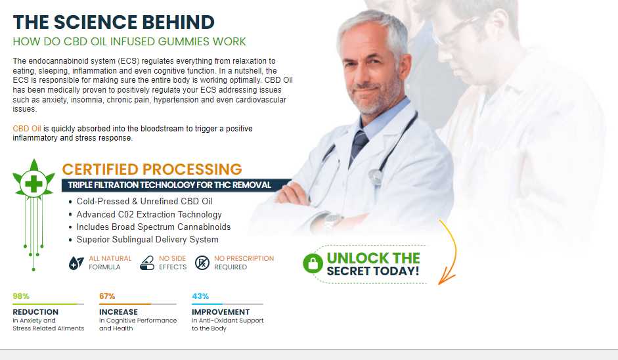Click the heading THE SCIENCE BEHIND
coord(114,22)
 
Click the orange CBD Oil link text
coord(27,129)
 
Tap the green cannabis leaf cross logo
coord(33,180)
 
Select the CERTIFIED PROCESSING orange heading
coord(152,169)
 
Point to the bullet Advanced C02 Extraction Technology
coord(149,215)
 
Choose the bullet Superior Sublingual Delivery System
coord(147,239)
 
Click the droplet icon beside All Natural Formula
coord(76,263)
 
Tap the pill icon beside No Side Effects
coord(147,263)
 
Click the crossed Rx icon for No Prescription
coord(202,263)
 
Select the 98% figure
coord(21,296)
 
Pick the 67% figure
coord(107,296)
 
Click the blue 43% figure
coord(200,296)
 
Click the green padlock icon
coord(313,263)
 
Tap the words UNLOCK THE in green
coord(373,258)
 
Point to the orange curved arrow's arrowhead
coord(443,279)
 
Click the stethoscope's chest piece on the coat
coord(376,176)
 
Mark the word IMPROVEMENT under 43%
coord(221,312)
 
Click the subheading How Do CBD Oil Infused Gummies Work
coord(129,42)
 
